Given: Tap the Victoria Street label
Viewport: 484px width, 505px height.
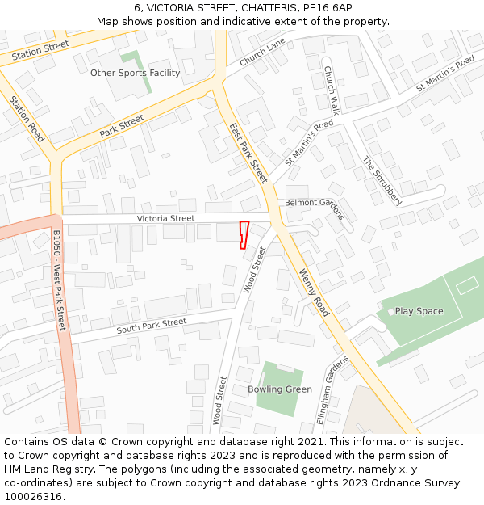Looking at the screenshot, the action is [x=165, y=218].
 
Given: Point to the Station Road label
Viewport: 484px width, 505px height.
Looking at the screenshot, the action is [x=27, y=120].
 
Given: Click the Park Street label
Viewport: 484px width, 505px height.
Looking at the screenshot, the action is [x=121, y=125].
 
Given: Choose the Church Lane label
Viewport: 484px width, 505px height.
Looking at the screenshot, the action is [x=262, y=53].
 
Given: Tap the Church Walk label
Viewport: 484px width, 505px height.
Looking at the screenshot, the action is [x=332, y=90].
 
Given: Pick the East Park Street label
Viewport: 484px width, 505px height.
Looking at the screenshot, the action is [x=248, y=153].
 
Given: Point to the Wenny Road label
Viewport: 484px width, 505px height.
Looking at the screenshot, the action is [x=315, y=292].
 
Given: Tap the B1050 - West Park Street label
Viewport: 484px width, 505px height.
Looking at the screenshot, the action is [x=59, y=280].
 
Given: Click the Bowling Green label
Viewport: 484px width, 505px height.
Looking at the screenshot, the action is [x=280, y=389].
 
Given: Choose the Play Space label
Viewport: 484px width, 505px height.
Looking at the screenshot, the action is [x=419, y=311].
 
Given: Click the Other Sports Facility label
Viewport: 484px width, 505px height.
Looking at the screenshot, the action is [x=135, y=73].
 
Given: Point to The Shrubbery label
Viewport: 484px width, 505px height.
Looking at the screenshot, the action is [x=382, y=180].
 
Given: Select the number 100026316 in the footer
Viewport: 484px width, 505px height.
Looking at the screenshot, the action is [x=33, y=497].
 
